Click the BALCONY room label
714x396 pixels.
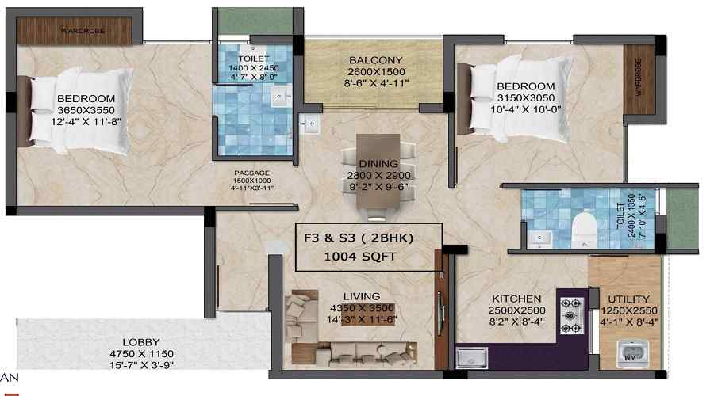[376, 59]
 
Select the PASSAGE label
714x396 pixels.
[252, 172]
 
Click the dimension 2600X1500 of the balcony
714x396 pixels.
[377, 71]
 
